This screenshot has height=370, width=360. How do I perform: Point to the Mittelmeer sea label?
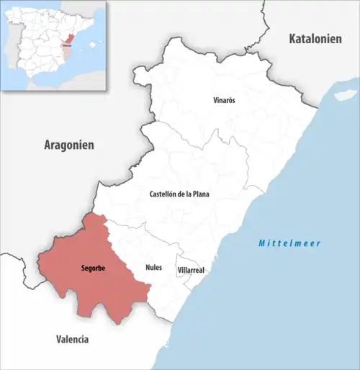[290, 243]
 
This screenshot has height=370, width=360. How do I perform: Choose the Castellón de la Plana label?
[179, 194]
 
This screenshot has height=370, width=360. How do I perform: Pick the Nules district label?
[154, 266]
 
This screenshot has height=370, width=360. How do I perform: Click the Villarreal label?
[191, 270]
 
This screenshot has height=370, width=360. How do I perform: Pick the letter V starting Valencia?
[58, 338]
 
